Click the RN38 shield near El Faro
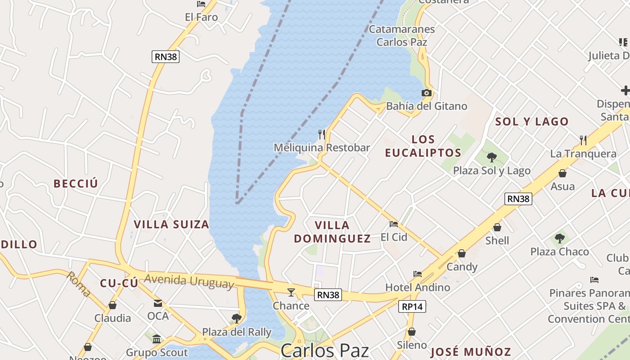[x=166, y=56]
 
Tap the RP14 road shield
[x=412, y=306]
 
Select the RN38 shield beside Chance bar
[x=328, y=295]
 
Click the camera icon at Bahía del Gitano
[x=426, y=93]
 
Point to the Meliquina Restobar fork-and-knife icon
[x=322, y=134]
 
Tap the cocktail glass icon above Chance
[x=291, y=292]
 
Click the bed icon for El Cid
[x=394, y=224]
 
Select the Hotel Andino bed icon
[x=418, y=274]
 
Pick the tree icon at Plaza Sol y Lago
[x=492, y=157]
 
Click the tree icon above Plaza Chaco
[x=560, y=238]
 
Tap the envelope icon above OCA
[x=158, y=303]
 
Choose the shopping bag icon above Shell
[x=497, y=227]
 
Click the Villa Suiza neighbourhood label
[x=171, y=224]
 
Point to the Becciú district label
[x=76, y=184]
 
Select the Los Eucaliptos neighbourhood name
[x=423, y=146]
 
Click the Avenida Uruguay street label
[x=189, y=281]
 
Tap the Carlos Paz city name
[x=324, y=351]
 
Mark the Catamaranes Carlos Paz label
[x=402, y=36]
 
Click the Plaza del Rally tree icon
[x=236, y=319]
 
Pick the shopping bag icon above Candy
[x=462, y=253]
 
